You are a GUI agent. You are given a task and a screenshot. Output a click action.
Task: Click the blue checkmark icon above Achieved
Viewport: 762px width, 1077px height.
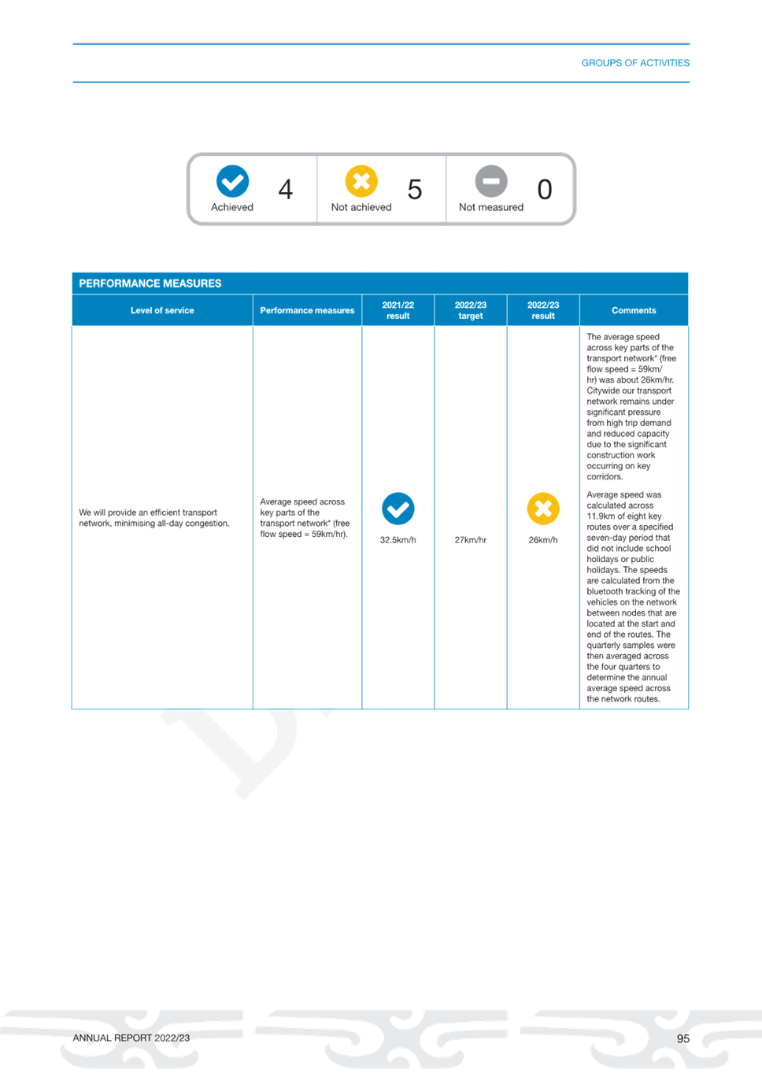(232, 181)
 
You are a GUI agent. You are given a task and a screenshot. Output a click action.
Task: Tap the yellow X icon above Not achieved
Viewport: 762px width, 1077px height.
(361, 181)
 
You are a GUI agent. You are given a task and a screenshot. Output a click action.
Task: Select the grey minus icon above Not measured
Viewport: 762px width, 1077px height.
(491, 181)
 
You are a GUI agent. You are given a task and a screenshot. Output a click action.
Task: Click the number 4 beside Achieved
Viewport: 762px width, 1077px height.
(286, 190)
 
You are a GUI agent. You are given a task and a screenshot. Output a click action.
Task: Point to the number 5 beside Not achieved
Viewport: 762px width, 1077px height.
(415, 190)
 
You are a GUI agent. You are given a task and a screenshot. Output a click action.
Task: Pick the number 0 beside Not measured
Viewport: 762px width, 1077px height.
(545, 190)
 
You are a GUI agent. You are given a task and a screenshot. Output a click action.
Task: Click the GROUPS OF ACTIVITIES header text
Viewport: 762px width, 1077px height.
(635, 63)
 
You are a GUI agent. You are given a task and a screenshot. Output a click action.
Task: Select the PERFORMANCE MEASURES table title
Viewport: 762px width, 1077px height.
(150, 283)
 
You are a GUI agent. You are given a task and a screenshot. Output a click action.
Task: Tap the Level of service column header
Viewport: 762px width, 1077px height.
(162, 311)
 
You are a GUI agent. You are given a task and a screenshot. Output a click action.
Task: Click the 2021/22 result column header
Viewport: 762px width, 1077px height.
(398, 311)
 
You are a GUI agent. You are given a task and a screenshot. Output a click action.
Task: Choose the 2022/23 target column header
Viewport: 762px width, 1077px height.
(471, 311)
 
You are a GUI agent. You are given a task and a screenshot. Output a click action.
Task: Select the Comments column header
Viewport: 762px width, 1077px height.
(634, 311)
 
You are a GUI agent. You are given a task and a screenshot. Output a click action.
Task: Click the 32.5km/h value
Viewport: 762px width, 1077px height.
(398, 540)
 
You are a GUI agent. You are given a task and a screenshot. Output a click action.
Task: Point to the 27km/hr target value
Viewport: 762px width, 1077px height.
(471, 540)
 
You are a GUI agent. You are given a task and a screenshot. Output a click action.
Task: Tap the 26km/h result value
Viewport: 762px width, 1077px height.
(543, 540)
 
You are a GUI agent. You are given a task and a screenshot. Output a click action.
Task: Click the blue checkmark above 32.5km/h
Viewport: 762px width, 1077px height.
(398, 509)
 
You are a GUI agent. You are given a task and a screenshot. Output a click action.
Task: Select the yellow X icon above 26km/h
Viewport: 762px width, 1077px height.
(543, 509)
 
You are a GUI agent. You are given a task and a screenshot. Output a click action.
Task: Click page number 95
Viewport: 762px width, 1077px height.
(683, 1038)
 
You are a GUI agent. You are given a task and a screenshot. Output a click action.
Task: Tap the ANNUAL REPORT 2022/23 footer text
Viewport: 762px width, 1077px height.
(131, 1038)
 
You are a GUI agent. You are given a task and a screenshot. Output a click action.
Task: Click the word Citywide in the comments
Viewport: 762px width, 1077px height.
(603, 391)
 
